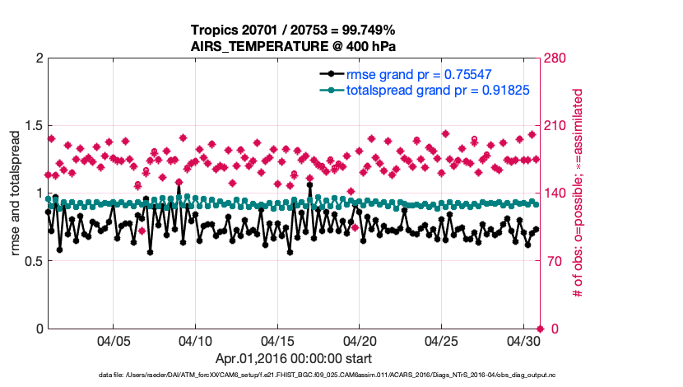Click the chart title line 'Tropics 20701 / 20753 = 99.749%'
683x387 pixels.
294,30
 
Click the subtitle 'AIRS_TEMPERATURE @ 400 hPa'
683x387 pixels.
294,46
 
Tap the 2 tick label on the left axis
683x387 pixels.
38,58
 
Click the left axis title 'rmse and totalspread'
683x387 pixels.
16,193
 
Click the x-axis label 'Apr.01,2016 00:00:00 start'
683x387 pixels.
294,359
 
